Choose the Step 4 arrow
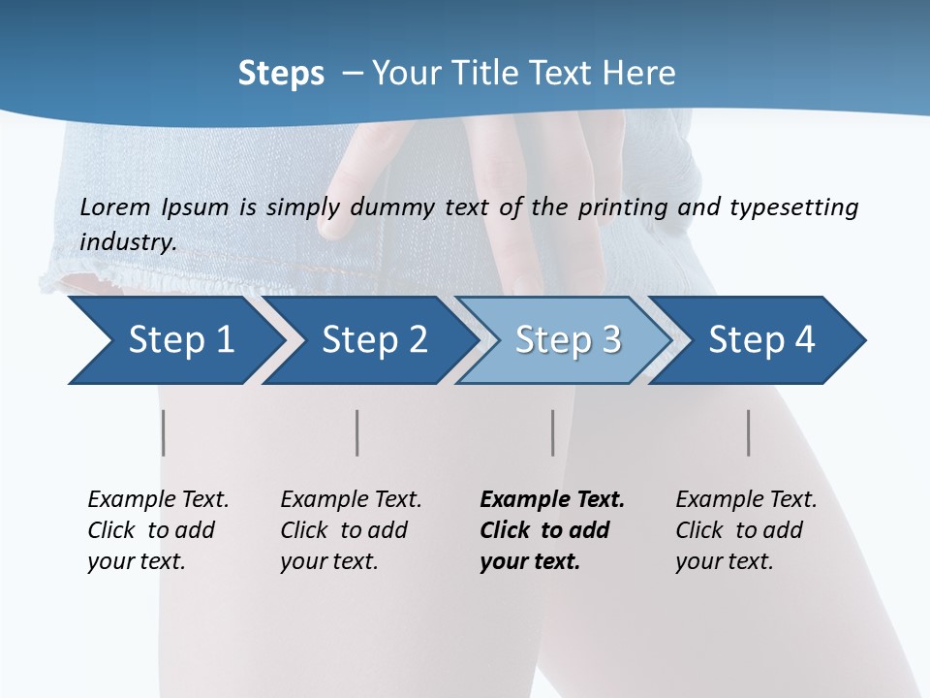pos(761,340)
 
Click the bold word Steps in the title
pos(281,73)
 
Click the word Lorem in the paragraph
pos(115,206)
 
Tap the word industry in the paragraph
pos(128,241)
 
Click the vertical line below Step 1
pos(164,432)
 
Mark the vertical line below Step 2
pos(357,432)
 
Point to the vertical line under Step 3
pos(553,432)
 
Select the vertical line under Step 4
pos(749,432)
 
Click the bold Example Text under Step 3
pos(552,499)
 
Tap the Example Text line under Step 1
pos(158,499)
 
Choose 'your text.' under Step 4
pos(725,561)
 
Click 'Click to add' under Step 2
pos(344,530)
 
